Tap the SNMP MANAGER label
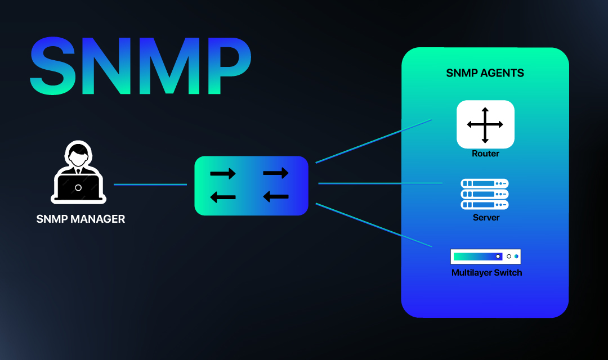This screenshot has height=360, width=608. pos(81,219)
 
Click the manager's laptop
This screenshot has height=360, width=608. pos(78,188)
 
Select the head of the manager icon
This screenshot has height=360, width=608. pos(78,154)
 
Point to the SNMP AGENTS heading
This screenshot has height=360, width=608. pos(485,73)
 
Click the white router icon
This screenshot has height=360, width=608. pos(485,125)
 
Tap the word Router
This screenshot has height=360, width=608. pos(485,154)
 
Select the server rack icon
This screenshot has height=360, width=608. pos(485,194)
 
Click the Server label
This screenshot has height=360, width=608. pos(486,218)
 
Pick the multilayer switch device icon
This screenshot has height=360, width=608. pos(485,256)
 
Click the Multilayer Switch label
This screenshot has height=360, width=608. pos(486,273)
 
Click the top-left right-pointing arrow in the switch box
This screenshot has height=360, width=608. pos(223,174)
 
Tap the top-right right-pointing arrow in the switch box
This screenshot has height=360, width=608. pos(276,173)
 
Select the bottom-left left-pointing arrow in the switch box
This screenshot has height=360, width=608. pos(223,197)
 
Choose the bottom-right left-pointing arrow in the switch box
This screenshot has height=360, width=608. pos(276,196)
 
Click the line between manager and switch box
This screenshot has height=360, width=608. pos(150,184)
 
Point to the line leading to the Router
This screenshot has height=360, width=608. pos(374,141)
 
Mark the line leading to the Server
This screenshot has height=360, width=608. pos(380,183)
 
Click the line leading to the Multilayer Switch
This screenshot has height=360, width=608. pos(374,225)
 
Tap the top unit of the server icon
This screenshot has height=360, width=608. pos(485,184)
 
